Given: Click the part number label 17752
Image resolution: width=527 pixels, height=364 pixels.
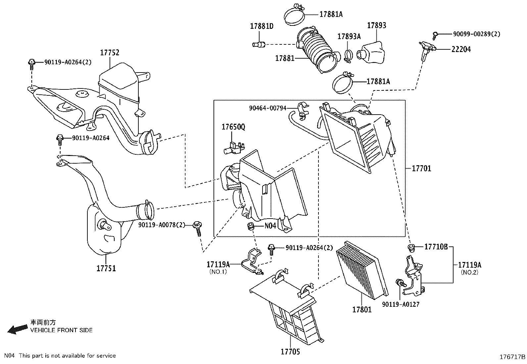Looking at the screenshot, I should tap(110, 53).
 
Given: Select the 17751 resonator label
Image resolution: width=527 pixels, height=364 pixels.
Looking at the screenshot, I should tap(106, 268).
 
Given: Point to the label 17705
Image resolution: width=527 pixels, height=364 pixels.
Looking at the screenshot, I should tap(290, 351).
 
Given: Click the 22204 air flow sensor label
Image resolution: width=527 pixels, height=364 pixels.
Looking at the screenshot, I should tap(461, 49).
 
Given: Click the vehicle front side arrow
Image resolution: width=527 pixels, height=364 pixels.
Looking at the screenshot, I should tap(17, 329).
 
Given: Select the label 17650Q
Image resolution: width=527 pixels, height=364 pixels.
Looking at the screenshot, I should tap(233, 127).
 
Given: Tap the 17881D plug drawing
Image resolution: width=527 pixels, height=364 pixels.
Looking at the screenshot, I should tap(259, 44).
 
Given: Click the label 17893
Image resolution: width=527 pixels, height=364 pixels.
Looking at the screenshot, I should tap(376, 26).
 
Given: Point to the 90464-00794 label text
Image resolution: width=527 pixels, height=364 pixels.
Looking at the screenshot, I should tap(267, 108).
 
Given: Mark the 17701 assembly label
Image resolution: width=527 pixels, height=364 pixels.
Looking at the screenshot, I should tap(421, 169).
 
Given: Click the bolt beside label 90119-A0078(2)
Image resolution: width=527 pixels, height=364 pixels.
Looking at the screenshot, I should tap(198, 228).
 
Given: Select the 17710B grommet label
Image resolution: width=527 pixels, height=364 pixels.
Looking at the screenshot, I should tap(436, 247).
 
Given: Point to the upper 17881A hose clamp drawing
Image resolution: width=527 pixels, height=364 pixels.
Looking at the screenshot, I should tap(294, 15).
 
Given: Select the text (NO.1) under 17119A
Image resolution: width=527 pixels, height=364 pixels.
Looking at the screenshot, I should tap(218, 272).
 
